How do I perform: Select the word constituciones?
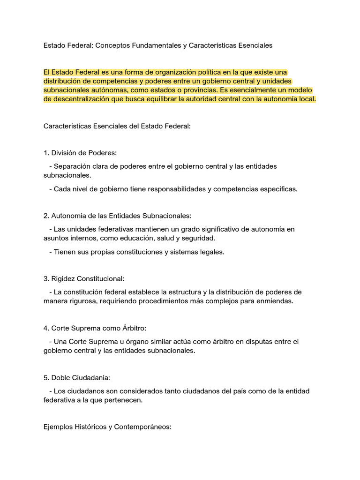click(x=128, y=252)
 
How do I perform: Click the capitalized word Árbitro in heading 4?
click(x=136, y=328)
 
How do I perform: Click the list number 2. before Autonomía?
click(x=46, y=216)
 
